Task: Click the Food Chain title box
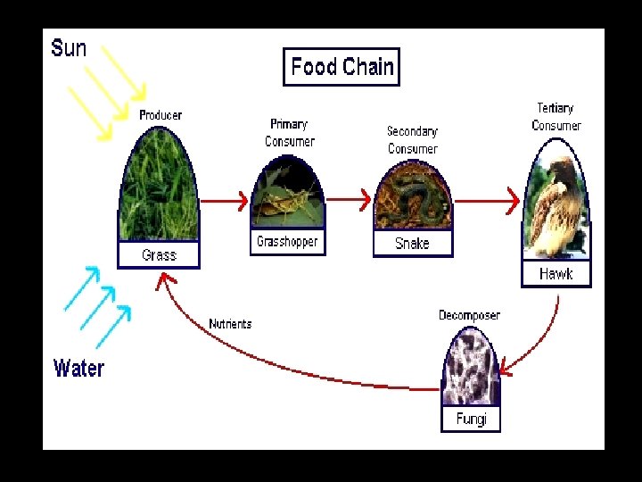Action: point(342,67)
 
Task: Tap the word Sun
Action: point(69,47)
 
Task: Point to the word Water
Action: point(78,368)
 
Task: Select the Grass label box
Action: point(159,255)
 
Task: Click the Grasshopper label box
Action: point(287,242)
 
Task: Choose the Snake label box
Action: point(412,243)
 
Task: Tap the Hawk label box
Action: point(556,274)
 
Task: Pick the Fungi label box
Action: point(471,419)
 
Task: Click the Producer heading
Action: point(160,115)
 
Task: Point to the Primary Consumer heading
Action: point(289,133)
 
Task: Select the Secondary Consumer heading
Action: point(412,139)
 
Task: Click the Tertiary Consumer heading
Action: point(556,117)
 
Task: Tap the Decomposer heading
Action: point(469,315)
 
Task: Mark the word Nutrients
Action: point(230,324)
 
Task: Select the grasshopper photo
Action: point(286,194)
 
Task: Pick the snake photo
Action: point(412,198)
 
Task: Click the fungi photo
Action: point(470,369)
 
